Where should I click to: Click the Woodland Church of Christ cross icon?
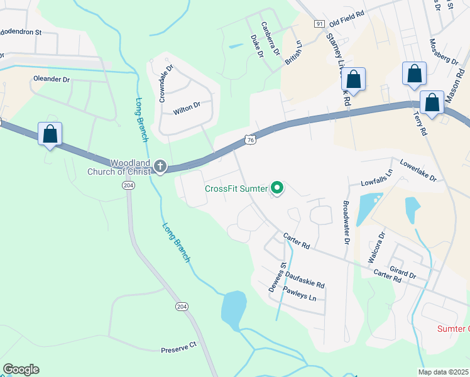pos(160,167)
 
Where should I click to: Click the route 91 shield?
pos(320,23)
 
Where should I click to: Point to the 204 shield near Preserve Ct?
pos(182,307)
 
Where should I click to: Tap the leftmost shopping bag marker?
pos(50,134)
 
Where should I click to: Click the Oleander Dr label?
pos(51,80)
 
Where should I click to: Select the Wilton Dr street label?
pos(186,107)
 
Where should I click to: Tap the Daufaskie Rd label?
pos(305,280)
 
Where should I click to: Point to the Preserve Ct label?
pos(179,344)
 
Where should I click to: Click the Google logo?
pos(21,369)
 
